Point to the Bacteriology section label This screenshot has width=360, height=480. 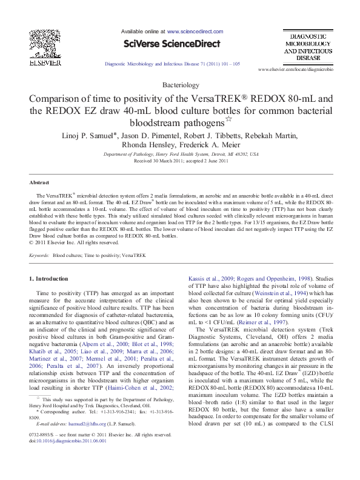180,85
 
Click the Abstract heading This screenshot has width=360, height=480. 39,182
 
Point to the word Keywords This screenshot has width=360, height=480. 39,256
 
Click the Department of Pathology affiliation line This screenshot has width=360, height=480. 180,155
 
